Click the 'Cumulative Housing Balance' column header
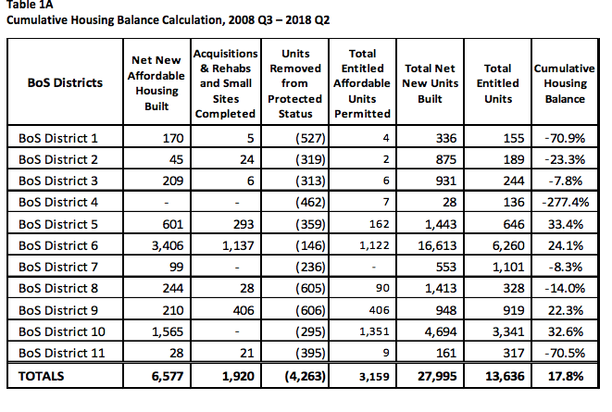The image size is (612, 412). click(x=565, y=83)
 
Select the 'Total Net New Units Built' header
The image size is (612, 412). click(x=429, y=83)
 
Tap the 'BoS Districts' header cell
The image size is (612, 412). click(x=64, y=83)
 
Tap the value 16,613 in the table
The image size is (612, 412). click(x=440, y=245)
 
